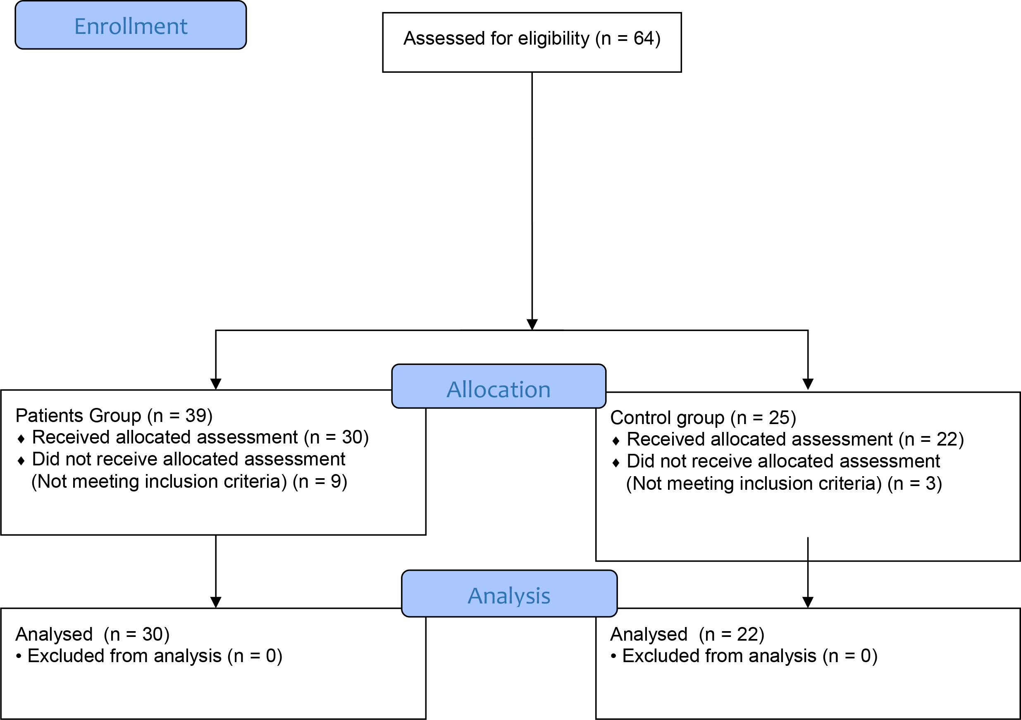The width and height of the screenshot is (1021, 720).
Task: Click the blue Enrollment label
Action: [131, 25]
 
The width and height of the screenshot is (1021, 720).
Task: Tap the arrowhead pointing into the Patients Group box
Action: [216, 384]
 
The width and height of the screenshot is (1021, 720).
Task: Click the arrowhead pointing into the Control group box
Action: [808, 384]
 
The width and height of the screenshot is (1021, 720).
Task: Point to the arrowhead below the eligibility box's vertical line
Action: [532, 324]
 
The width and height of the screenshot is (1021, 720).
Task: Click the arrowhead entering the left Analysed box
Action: [216, 602]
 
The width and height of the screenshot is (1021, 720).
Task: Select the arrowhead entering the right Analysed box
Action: [808, 602]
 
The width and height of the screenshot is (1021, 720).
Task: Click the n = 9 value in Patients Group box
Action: [320, 482]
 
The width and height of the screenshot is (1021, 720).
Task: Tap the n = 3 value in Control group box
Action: [915, 484]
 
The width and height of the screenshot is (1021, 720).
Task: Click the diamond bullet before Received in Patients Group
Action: [21, 439]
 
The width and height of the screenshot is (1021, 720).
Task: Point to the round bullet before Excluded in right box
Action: [614, 656]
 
